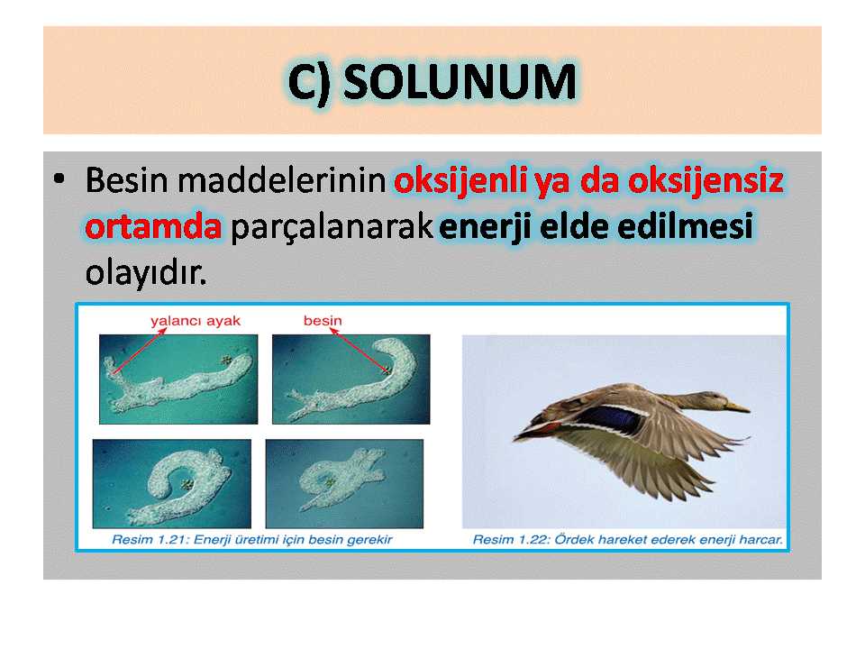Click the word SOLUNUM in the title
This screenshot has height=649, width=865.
460,82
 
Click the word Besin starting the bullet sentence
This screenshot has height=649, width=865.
126,180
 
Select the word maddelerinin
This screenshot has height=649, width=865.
281,180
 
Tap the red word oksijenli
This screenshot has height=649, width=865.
460,181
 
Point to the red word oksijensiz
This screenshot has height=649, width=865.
706,181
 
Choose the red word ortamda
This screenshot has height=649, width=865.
153,226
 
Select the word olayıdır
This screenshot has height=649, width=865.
146,273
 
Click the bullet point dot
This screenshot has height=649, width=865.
59,178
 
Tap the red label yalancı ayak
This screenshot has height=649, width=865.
196,321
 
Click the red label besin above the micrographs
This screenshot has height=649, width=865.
323,320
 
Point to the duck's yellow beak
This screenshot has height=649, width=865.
737,407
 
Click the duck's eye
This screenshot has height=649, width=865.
714,396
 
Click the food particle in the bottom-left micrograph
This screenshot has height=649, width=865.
187,485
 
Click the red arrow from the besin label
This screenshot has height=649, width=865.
360,351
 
